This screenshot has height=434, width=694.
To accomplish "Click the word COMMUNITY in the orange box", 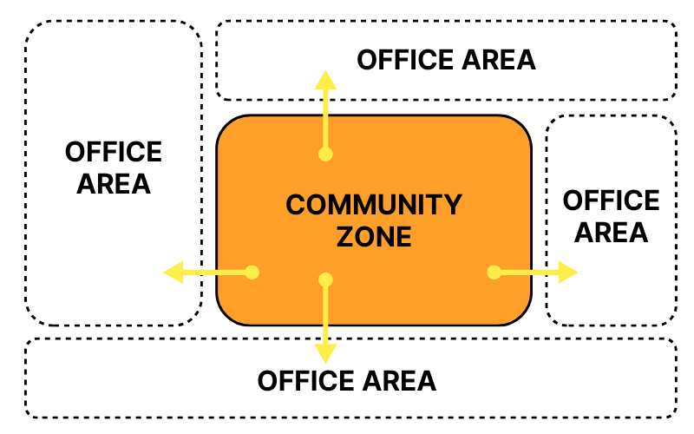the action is (374, 205).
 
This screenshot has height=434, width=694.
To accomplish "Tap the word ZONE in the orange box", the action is (374, 236).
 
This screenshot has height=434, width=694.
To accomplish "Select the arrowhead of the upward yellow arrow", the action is (325, 81).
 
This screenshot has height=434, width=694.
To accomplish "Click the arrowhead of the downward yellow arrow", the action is (325, 352).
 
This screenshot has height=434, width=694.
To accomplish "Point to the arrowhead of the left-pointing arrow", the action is (174, 273).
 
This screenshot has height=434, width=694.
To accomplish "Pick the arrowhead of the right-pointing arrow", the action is (567, 273).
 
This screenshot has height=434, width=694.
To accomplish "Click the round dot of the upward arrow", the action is (325, 155).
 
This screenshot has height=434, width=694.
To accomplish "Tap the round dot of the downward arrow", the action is (325, 279).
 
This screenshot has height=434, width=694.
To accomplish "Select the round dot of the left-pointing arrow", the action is (252, 273).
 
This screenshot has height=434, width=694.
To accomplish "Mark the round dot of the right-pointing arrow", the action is (494, 273).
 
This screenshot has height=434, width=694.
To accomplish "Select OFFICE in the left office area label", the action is (114, 153).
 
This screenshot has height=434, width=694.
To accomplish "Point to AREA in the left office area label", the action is (114, 184).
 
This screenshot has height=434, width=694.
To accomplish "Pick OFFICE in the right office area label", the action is (612, 201).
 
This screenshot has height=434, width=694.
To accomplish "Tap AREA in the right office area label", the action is (612, 233).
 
